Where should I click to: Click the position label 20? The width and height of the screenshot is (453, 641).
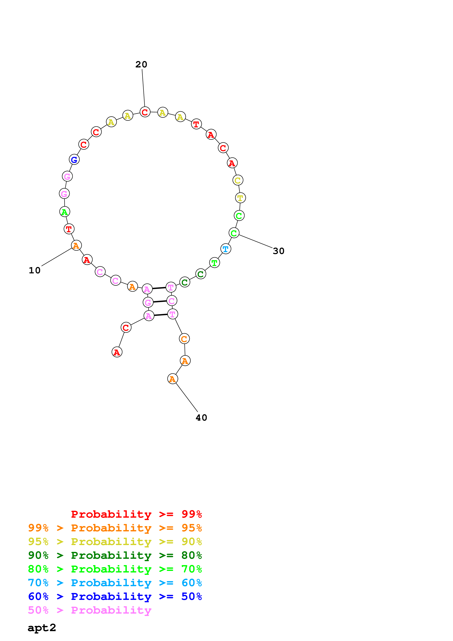(x=141, y=65)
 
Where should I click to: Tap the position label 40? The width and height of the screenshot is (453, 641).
(x=201, y=418)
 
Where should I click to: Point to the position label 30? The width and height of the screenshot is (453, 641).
(x=278, y=251)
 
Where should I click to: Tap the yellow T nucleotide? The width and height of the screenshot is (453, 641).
(x=240, y=198)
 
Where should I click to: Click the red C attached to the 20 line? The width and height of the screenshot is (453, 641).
(x=145, y=112)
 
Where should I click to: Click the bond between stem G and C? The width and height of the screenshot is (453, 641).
(x=160, y=301)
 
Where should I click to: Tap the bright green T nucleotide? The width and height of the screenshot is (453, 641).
(x=214, y=263)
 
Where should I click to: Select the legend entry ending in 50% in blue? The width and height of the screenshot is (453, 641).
(x=115, y=597)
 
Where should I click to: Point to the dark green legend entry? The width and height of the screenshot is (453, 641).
(x=115, y=555)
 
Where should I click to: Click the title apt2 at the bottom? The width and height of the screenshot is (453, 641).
(x=42, y=628)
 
